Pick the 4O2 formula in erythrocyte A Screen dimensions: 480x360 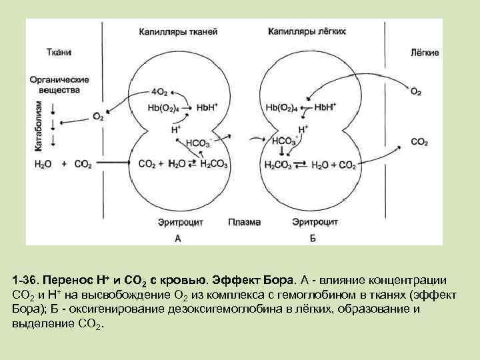pos(159,92)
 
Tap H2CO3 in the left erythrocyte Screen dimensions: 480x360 pos(213,164)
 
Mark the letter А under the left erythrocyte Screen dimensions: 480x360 pos(177,237)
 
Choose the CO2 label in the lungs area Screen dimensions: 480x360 pos(419,141)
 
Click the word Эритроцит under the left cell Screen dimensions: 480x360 pos(177,222)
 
